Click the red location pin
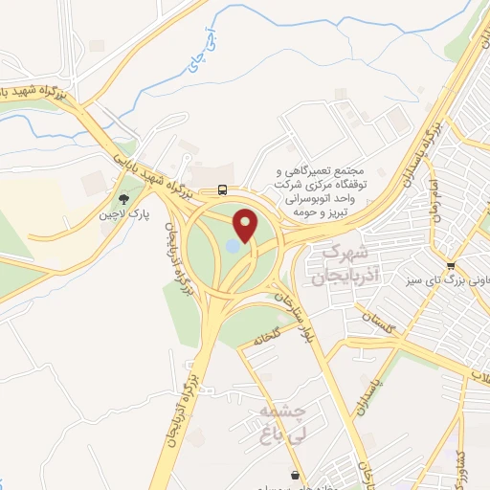pos(248,226)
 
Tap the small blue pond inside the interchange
pos(233,248)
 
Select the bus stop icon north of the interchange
pos(222,189)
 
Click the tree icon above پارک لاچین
pos(122,199)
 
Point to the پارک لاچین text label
pos(121,215)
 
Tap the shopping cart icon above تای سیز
pos(450,266)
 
